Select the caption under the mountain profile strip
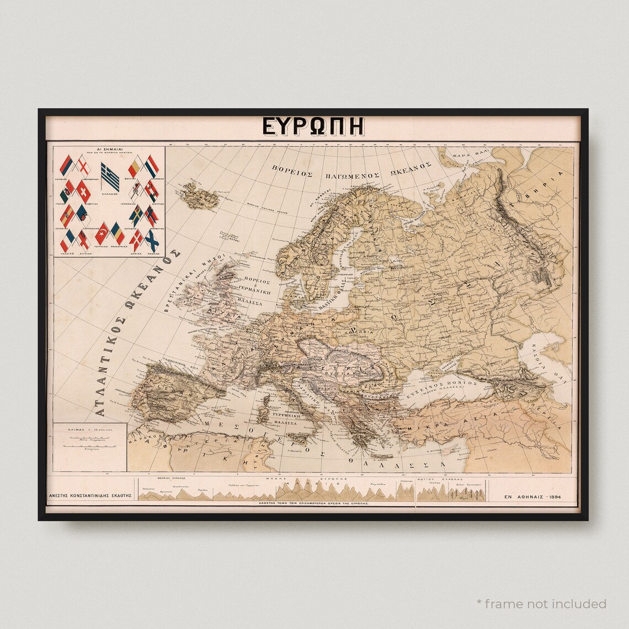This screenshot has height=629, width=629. (315, 504)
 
